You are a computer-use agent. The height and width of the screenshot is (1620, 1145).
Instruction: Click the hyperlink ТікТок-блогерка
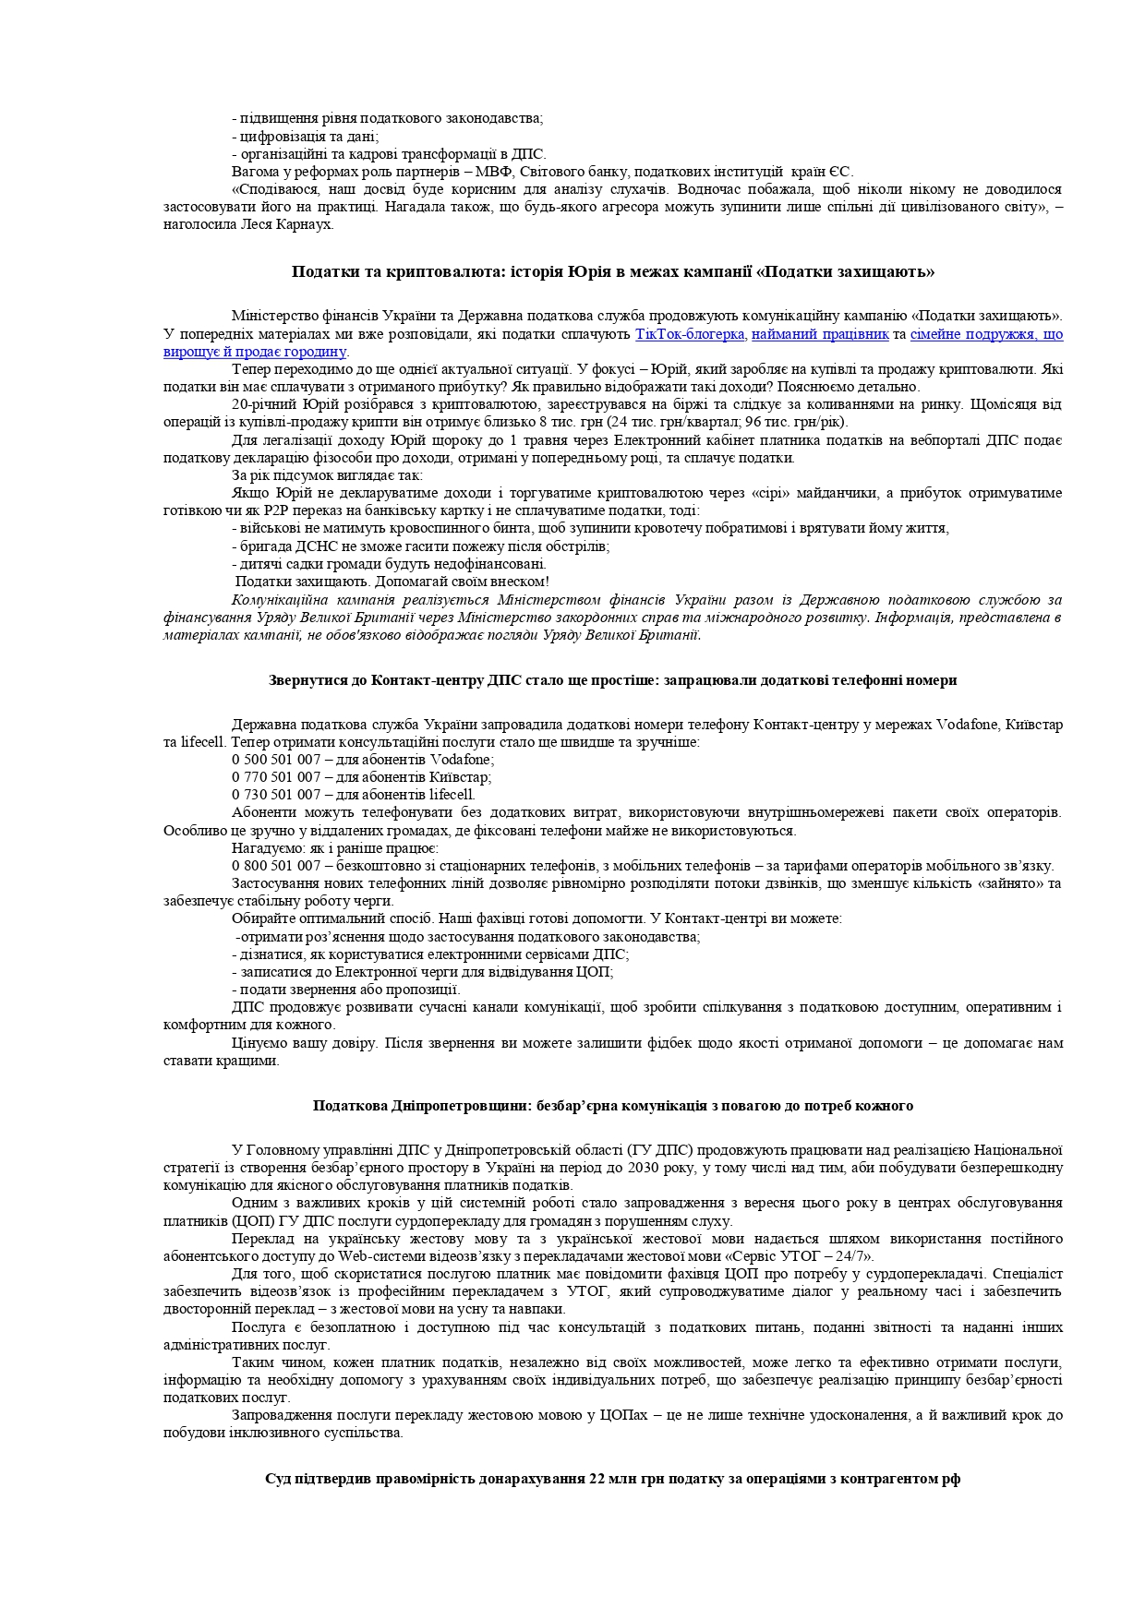coord(690,334)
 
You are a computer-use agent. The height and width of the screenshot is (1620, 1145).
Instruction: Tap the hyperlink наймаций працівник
coord(820,334)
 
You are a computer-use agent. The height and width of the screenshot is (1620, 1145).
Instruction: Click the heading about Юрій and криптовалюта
coord(613,271)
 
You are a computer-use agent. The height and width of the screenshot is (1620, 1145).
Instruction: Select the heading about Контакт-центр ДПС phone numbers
coord(613,680)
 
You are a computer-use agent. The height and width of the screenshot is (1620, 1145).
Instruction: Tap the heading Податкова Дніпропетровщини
coord(613,1106)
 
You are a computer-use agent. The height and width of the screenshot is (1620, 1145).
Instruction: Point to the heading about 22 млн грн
coord(613,1479)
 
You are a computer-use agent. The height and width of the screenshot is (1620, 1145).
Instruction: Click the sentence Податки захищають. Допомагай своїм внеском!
coord(392,582)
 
